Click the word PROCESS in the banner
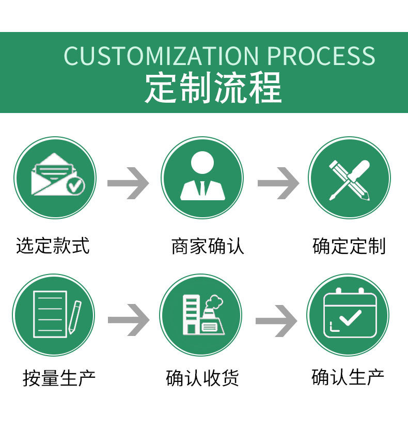click(x=322, y=56)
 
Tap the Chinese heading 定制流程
click(x=213, y=88)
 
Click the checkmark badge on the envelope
click(x=76, y=185)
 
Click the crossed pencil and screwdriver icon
click(x=350, y=178)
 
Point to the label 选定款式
click(x=53, y=246)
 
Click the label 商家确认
click(x=208, y=246)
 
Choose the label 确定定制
click(x=349, y=246)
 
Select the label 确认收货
click(x=202, y=378)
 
